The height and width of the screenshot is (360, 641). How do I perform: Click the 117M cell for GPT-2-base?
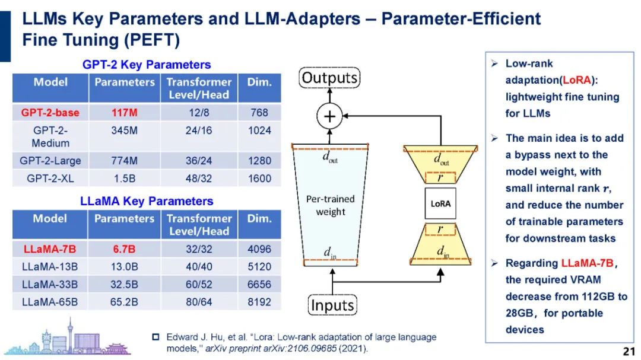pyautogui.click(x=123, y=112)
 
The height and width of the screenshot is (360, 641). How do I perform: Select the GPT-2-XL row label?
pyautogui.click(x=50, y=178)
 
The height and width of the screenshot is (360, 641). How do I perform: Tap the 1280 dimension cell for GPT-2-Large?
pyautogui.click(x=259, y=160)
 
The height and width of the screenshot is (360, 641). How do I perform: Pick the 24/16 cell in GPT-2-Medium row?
pyautogui.click(x=199, y=130)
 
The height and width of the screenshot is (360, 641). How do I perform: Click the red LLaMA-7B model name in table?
pyautogui.click(x=50, y=249)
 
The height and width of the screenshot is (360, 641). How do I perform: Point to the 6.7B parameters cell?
pyautogui.click(x=124, y=249)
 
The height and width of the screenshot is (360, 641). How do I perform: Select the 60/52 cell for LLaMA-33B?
pyautogui.click(x=199, y=284)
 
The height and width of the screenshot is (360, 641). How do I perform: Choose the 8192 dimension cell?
pyautogui.click(x=259, y=302)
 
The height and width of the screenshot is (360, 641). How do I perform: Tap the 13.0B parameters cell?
pyautogui.click(x=124, y=266)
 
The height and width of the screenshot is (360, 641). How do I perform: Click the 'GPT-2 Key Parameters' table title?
pyautogui.click(x=146, y=65)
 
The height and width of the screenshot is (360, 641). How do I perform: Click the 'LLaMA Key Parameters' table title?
pyautogui.click(x=146, y=201)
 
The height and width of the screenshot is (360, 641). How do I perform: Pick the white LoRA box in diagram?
pyautogui.click(x=440, y=203)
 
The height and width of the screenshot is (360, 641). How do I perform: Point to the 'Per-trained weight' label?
pyautogui.click(x=330, y=205)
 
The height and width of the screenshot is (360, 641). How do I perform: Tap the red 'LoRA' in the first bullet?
pyautogui.click(x=575, y=80)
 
